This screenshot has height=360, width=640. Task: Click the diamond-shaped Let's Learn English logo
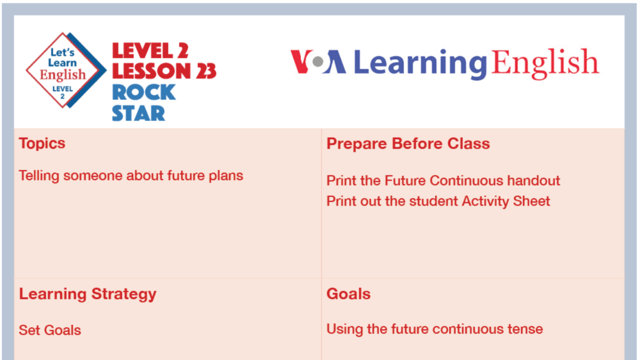(x=63, y=70)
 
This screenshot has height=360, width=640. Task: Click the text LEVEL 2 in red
(x=143, y=51)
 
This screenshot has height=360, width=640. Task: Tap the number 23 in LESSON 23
(x=204, y=71)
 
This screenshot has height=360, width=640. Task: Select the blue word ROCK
(x=143, y=92)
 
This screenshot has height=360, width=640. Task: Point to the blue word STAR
(x=138, y=113)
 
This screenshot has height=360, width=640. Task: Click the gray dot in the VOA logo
(x=318, y=62)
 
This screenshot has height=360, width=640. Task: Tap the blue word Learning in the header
(x=420, y=63)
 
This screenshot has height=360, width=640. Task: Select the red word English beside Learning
(x=545, y=63)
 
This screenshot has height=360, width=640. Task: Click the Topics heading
(x=42, y=143)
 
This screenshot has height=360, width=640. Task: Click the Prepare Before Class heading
(x=408, y=143)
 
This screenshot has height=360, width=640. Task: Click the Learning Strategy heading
(x=87, y=294)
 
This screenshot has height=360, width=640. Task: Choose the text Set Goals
(x=50, y=330)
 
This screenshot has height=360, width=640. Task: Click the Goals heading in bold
(x=348, y=294)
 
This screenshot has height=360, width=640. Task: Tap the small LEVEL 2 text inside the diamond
(x=62, y=92)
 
